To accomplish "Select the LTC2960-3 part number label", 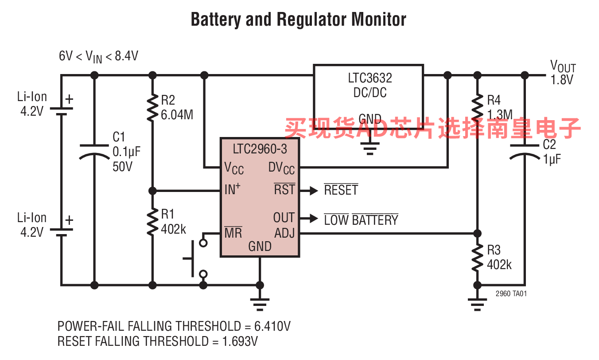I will point(260,149).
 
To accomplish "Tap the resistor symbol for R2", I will point(152,108).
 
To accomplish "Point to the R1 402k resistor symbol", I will point(152,222).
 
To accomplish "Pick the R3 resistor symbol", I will point(477,258).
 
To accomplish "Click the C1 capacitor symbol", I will point(94,150).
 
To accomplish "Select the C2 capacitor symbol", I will point(525,150).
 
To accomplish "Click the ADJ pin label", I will point(284,233).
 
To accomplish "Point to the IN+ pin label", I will point(233,189).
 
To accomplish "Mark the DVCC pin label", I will point(281,168).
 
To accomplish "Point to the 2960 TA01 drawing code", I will point(511,293).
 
